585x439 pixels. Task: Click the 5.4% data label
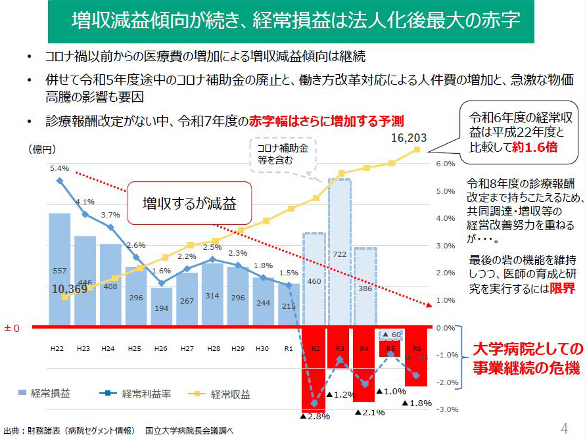coord(59,169)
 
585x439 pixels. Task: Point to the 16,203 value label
coord(409,138)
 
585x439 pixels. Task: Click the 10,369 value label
coord(72,288)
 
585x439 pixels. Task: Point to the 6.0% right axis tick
coord(446,164)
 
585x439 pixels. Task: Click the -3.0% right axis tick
coord(448,410)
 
